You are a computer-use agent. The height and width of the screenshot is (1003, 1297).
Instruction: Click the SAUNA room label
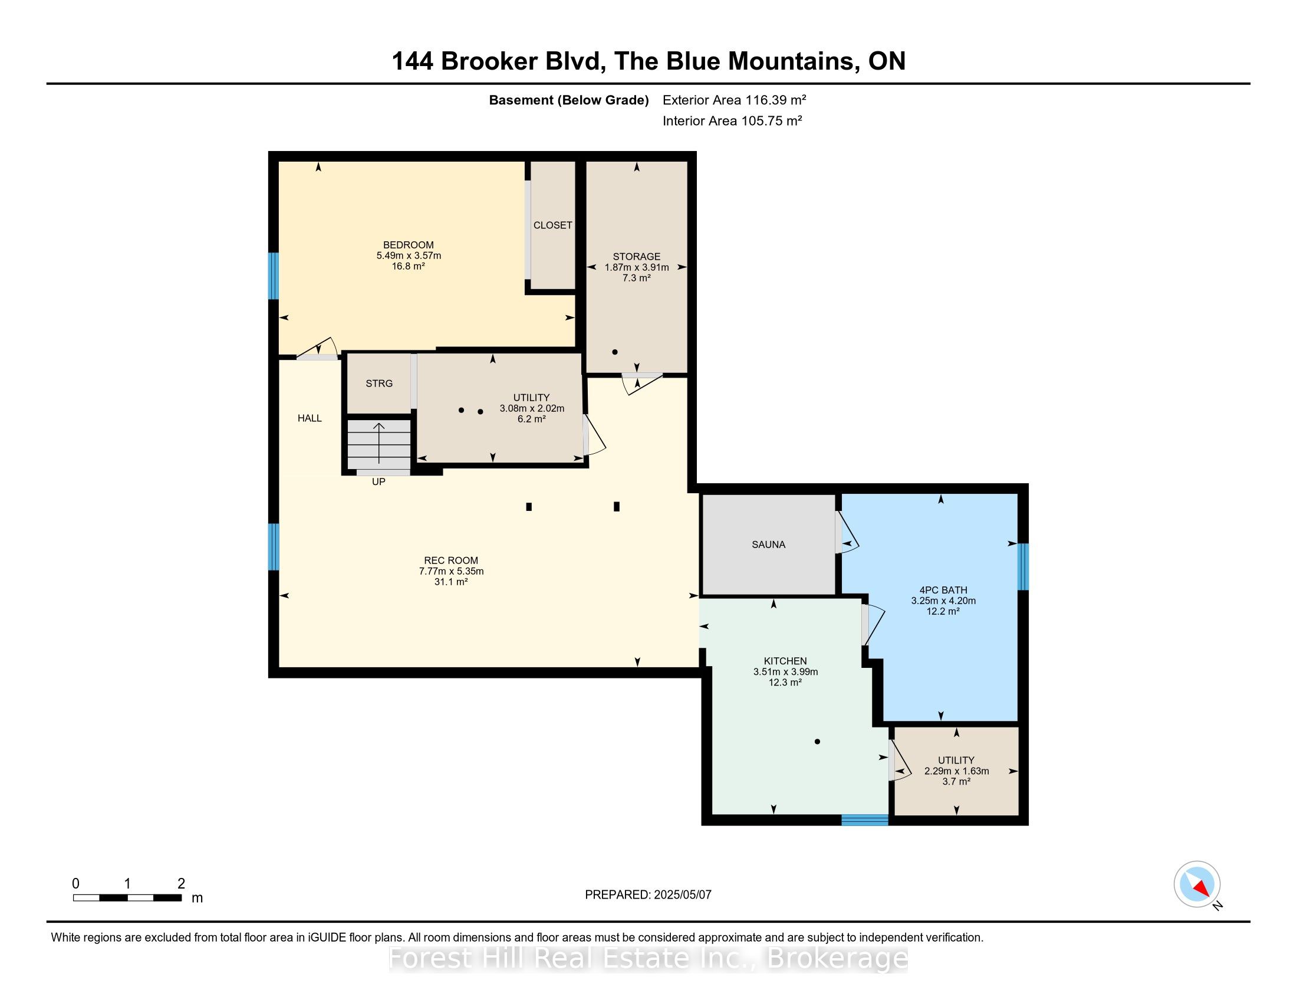click(x=768, y=545)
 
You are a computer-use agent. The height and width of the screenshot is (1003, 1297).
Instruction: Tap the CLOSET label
click(x=552, y=225)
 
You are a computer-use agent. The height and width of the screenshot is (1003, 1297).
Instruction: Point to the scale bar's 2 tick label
click(x=181, y=884)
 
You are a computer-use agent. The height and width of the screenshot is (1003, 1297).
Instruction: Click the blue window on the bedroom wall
click(x=273, y=276)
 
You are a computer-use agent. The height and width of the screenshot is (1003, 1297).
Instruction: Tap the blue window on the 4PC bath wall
click(x=1023, y=566)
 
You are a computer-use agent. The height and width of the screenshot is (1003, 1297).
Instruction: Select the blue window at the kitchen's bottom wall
click(x=865, y=820)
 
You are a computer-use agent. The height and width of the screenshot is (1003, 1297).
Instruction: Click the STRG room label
click(x=379, y=383)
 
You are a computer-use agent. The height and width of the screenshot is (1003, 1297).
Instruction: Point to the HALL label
click(x=310, y=418)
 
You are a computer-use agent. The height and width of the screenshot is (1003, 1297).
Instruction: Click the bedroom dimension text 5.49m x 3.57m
click(x=409, y=255)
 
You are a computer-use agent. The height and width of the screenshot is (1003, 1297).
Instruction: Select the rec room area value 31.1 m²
click(x=451, y=582)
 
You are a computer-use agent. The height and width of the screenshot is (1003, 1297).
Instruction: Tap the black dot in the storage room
click(x=615, y=352)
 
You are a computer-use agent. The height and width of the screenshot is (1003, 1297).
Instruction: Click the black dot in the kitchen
click(x=817, y=742)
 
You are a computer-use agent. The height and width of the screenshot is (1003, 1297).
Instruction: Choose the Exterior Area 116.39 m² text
click(x=734, y=100)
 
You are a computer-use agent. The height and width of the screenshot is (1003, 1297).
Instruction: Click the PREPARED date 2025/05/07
click(x=682, y=895)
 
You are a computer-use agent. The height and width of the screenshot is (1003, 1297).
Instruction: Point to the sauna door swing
click(x=847, y=532)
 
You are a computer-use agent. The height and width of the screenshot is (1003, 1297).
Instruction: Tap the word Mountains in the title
click(x=796, y=61)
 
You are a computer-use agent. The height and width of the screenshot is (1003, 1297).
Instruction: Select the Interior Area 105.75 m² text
click(x=732, y=120)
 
